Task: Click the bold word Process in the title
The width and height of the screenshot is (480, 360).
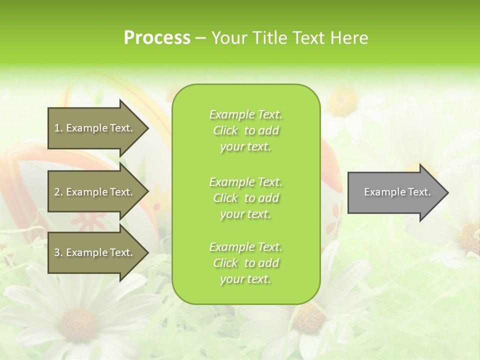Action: click(157, 38)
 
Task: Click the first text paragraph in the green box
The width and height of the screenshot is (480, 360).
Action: click(245, 130)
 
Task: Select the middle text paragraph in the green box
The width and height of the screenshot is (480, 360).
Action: click(245, 198)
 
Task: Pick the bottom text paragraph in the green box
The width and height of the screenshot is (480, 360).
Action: click(245, 263)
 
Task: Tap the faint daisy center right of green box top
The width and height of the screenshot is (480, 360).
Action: click(343, 101)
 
